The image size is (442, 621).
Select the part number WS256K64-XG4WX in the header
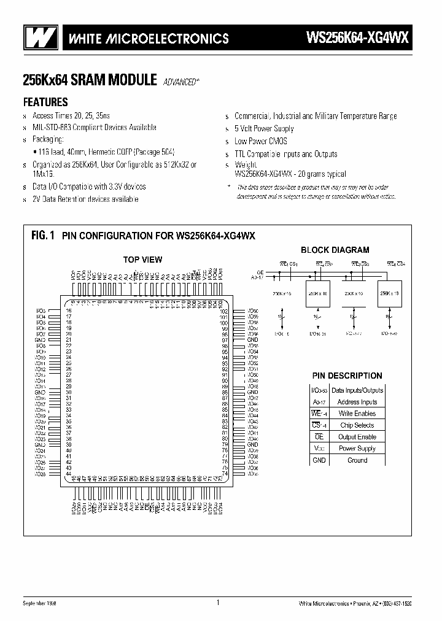pos(357,38)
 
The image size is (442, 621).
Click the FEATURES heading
pos(45,102)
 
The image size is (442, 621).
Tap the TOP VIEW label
pos(142,260)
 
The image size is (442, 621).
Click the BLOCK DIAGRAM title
pos(335,250)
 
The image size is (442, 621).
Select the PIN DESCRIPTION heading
pos(347,376)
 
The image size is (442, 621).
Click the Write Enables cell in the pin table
pos(357,414)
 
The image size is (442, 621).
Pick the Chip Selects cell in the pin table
pos(357,425)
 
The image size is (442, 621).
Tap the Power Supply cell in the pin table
pos(357,449)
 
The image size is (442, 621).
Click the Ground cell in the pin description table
pos(357,460)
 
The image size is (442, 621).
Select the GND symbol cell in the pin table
pos(319,460)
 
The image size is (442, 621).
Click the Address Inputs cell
pos(357,402)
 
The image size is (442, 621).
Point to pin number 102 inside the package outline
pos(224,311)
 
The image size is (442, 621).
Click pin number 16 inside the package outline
pos(69,311)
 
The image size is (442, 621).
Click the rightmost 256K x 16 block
pos(389,294)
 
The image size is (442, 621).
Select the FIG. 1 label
pos(43,235)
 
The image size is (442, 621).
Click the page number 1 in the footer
pos(218,603)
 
